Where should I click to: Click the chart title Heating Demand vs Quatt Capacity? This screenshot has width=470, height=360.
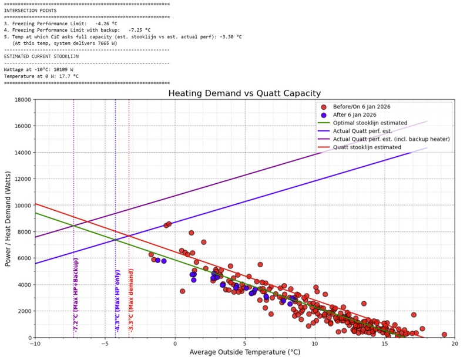click(244, 93)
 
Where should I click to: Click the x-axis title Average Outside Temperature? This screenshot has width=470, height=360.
click(244, 352)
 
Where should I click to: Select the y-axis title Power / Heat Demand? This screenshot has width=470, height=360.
click(8, 218)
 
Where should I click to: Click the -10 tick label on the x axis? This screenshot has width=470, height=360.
click(35, 344)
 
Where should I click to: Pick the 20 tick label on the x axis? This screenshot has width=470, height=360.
click(455, 344)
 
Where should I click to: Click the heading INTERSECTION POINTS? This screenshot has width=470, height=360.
click(31, 11)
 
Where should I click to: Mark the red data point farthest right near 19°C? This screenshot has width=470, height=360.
click(444, 334)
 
